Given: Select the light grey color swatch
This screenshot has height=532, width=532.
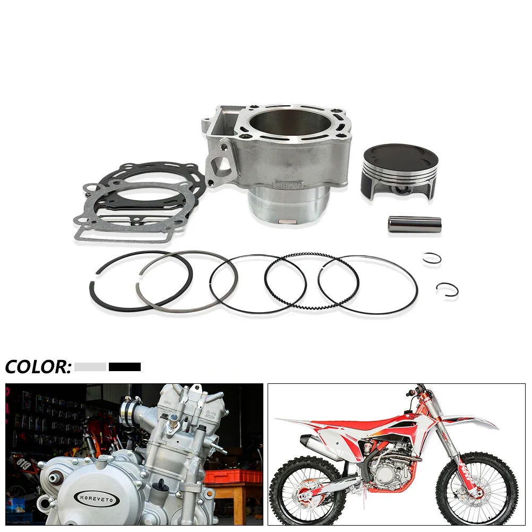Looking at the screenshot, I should (x=90, y=366).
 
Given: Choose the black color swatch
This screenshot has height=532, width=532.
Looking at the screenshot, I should (x=125, y=366).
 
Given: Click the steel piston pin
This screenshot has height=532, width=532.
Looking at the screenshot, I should (x=415, y=224).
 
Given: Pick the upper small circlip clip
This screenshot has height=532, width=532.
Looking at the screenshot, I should (x=432, y=258).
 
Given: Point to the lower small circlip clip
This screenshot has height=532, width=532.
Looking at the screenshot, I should (x=447, y=289).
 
